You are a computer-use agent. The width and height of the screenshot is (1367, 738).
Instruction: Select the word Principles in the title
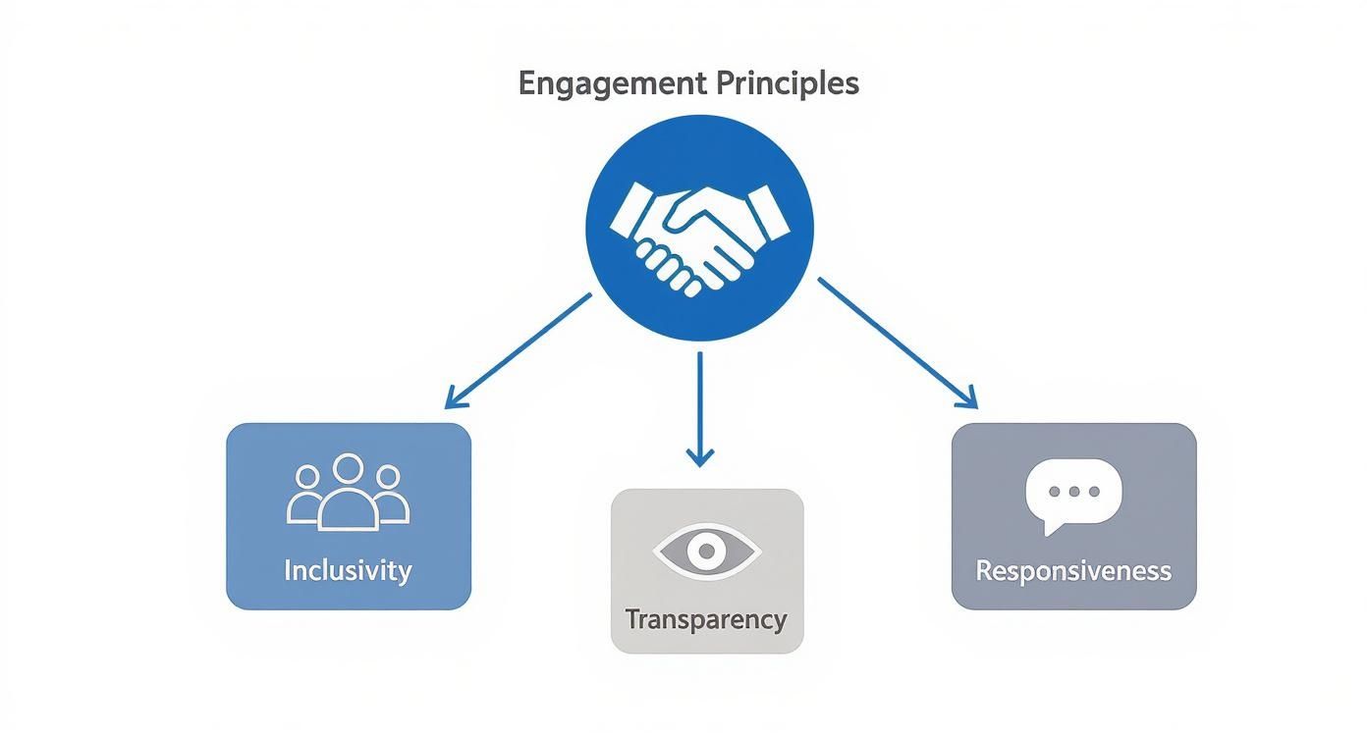(x=788, y=84)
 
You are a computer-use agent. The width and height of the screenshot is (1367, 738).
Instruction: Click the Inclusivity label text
(x=348, y=570)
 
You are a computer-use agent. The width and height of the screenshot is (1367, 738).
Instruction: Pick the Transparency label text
(x=706, y=619)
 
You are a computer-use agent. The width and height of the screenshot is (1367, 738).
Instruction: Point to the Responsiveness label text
(x=1073, y=570)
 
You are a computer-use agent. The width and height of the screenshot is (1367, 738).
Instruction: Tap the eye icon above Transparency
(x=706, y=553)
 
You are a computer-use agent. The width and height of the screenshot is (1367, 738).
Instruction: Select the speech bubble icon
(x=1073, y=495)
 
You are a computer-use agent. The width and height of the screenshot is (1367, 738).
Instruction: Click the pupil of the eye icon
(x=706, y=553)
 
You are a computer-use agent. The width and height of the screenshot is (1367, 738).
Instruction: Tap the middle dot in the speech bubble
(x=1073, y=491)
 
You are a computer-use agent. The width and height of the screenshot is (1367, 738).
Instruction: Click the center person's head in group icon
(x=348, y=468)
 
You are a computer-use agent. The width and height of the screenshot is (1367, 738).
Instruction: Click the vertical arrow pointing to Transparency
(x=699, y=406)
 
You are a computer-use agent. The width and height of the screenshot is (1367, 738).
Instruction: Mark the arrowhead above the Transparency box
(x=699, y=456)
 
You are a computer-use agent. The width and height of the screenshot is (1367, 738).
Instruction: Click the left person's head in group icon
(x=307, y=478)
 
